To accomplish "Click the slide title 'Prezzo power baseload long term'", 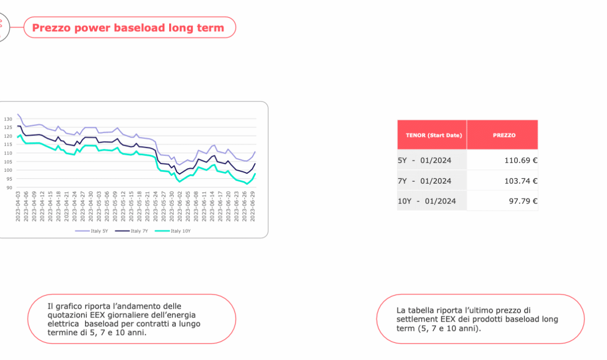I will tap(128, 27).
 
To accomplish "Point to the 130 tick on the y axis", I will tap(8, 119).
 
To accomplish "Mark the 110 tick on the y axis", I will tap(8, 153).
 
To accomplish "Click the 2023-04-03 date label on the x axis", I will tap(18, 207).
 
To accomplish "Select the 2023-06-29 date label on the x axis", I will tap(253, 207).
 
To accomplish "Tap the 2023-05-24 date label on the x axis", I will tap(156, 207).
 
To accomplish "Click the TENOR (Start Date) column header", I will tap(432, 135).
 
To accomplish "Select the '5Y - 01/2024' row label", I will tap(424, 160).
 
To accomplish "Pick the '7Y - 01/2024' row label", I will tap(424, 181).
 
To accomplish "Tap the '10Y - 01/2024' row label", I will tap(426, 201).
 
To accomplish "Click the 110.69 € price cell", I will tap(520, 160).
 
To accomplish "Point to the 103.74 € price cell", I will tap(520, 181).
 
